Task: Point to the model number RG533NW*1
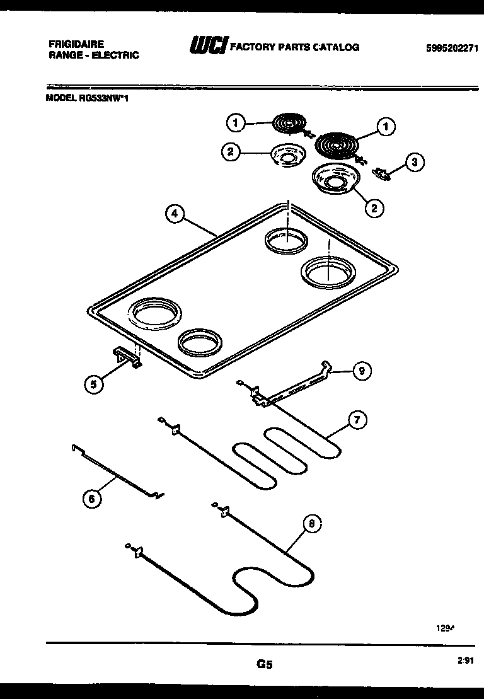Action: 88,98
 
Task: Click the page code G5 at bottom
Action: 265,664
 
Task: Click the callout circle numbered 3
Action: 414,163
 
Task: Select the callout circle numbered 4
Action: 175,214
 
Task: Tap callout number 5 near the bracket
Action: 94,384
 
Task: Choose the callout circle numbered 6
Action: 92,499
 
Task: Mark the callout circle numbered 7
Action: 357,420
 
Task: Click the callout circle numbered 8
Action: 311,523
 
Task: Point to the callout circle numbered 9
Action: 361,371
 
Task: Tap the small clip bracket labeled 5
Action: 128,357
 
